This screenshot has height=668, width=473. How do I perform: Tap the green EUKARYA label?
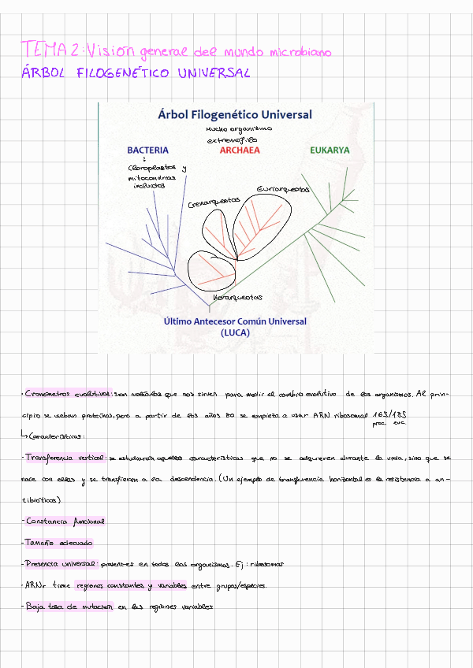(330, 150)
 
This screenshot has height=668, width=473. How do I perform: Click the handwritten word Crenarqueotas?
(214, 202)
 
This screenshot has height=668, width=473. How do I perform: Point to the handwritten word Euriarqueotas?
(283, 190)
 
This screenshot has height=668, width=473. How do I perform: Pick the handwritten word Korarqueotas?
(237, 297)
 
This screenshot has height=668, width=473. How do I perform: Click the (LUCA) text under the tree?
(235, 332)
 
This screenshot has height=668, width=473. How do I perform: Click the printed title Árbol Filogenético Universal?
(235, 114)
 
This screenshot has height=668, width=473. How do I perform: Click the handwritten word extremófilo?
(236, 139)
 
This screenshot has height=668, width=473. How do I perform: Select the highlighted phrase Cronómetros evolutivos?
(69, 393)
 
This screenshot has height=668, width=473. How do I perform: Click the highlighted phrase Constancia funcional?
(65, 521)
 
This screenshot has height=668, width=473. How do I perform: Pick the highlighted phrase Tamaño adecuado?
(59, 543)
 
